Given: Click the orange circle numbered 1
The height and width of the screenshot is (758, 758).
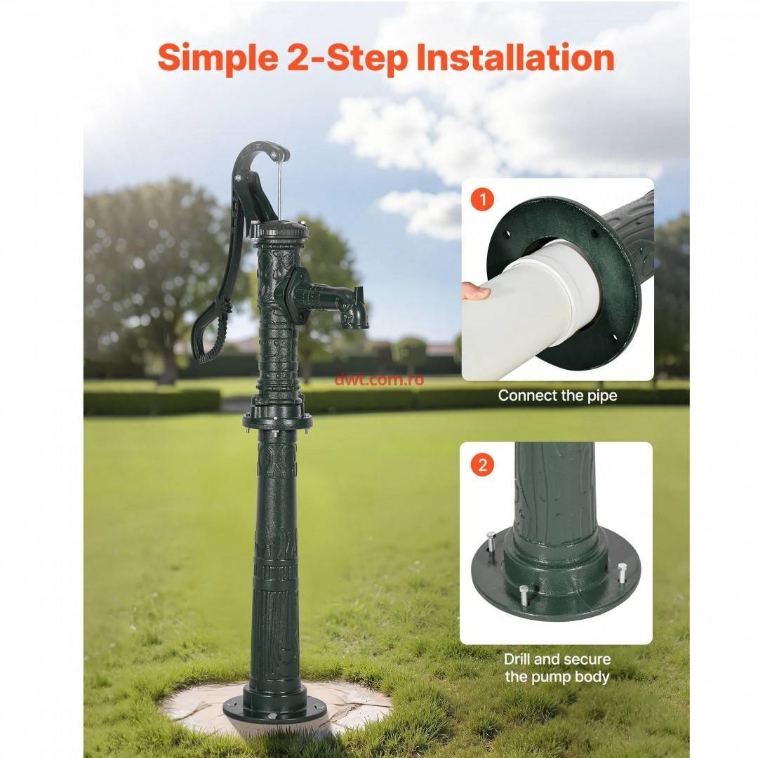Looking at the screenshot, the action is pyautogui.click(x=482, y=199).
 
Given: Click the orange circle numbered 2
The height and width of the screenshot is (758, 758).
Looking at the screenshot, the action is pyautogui.click(x=482, y=465).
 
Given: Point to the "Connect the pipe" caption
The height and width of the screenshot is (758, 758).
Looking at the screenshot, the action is pyautogui.click(x=557, y=396).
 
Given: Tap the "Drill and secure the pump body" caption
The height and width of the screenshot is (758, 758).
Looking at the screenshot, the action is pyautogui.click(x=557, y=667).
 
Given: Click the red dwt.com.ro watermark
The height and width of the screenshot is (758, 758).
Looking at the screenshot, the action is pyautogui.click(x=379, y=380).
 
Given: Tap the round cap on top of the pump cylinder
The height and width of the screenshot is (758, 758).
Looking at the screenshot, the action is pyautogui.click(x=280, y=229).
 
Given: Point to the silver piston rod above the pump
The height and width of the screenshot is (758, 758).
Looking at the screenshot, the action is pyautogui.click(x=279, y=189).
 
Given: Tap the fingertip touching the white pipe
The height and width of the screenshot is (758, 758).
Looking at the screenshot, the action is pyautogui.click(x=476, y=292).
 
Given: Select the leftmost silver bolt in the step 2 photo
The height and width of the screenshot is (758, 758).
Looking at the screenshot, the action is pyautogui.click(x=491, y=545).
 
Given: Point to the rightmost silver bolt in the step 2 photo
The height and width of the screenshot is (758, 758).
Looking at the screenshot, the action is pyautogui.click(x=621, y=573).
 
